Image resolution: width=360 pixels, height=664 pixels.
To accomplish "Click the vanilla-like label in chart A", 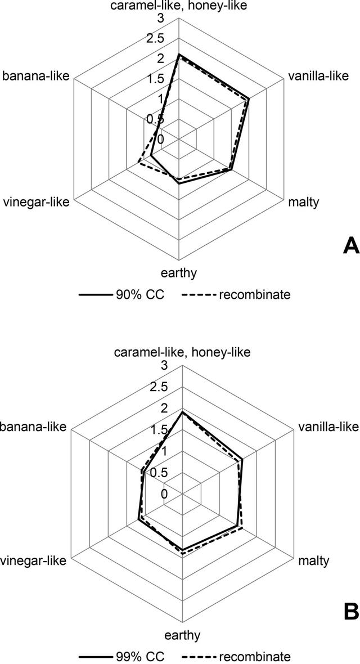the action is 318,76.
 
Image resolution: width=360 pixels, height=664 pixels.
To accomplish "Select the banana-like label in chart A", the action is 37,76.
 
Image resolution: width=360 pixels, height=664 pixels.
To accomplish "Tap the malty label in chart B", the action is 314,562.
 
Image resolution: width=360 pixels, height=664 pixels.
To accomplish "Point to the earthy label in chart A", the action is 179,273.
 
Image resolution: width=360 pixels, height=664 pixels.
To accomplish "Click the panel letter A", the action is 351,245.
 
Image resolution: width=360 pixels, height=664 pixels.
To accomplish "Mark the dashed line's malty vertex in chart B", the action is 242,528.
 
